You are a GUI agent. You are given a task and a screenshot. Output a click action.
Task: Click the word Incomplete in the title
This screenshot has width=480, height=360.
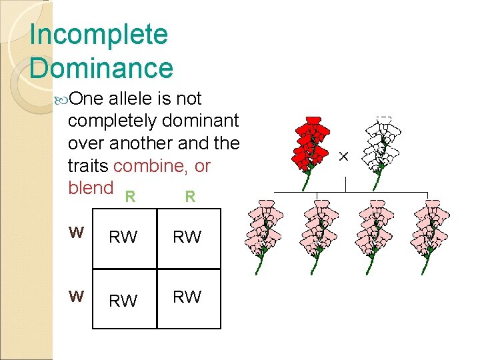pyautogui.click(x=99, y=35)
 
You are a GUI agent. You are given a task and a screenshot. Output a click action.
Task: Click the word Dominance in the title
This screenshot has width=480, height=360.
pyautogui.click(x=101, y=68)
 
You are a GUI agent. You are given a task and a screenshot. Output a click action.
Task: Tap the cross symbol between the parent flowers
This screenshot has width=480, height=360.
pyautogui.click(x=343, y=156)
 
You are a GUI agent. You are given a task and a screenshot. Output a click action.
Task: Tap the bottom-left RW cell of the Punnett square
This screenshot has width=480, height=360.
pyautogui.click(x=123, y=301)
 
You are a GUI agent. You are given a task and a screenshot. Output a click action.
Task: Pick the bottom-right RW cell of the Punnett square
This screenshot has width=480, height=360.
pyautogui.click(x=187, y=297)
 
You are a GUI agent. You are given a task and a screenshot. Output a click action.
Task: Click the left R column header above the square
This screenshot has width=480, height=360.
pyautogui.click(x=131, y=197)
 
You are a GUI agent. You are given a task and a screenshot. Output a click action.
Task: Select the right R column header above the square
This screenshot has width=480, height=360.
pyautogui.click(x=190, y=197)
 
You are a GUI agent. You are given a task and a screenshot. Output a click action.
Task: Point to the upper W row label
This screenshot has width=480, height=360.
pyautogui.click(x=77, y=233)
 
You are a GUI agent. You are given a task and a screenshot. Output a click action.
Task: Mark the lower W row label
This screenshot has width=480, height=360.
pyautogui.click(x=77, y=295)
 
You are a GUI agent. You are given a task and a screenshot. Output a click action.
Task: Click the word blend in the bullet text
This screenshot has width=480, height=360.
pyautogui.click(x=91, y=187)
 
